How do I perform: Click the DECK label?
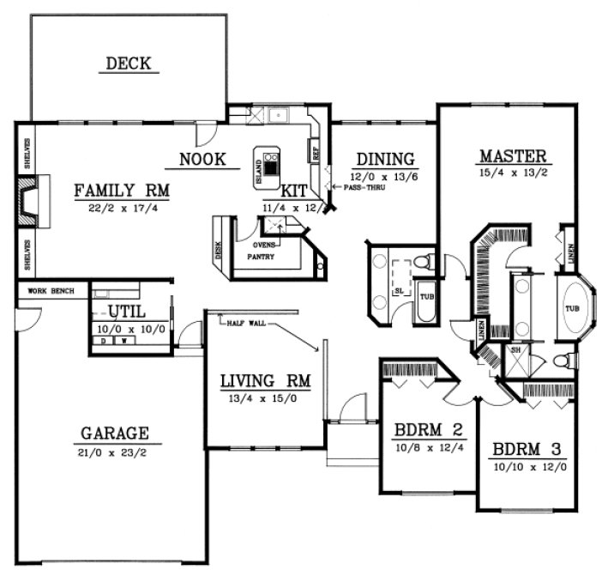click(129, 63)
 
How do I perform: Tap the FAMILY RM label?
click(121, 190)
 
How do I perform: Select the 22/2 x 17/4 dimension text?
click(120, 208)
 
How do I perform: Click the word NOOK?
click(202, 159)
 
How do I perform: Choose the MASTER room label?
click(513, 156)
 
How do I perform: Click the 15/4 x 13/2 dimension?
click(513, 173)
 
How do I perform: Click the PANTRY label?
click(262, 256)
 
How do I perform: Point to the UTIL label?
click(127, 311)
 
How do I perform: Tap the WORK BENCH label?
click(51, 291)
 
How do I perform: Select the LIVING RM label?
click(264, 380)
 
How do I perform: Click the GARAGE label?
click(115, 433)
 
